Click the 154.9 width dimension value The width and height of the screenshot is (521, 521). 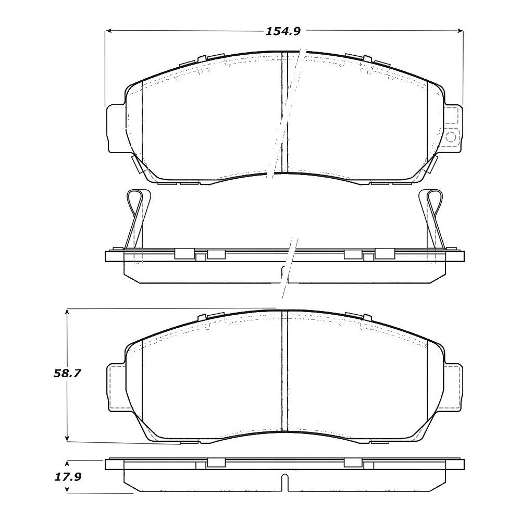click(x=283, y=31)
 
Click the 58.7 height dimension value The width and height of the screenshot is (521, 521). click(x=67, y=374)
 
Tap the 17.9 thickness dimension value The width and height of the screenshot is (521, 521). click(x=67, y=477)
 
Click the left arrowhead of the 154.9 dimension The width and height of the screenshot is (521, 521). click(x=108, y=31)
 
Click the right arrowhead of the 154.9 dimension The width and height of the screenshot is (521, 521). click(x=460, y=31)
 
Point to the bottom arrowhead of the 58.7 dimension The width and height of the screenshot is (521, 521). click(x=67, y=438)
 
